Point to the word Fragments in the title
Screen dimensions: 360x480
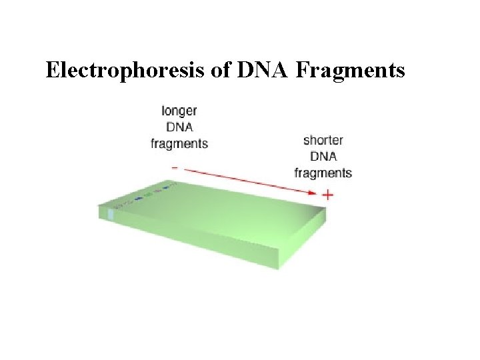pos(349,70)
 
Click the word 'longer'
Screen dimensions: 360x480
pos(179,111)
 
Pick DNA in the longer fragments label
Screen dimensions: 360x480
pos(179,127)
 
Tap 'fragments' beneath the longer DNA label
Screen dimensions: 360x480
pos(179,143)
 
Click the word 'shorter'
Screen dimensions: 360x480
pos(323,141)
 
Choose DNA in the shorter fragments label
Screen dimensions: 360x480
pos(323,157)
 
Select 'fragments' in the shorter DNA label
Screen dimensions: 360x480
pos(323,173)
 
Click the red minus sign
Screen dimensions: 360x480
pos(175,167)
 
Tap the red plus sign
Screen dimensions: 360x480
pos(327,195)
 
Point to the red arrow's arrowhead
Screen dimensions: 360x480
pos(313,193)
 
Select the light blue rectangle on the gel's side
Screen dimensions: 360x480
pos(111,215)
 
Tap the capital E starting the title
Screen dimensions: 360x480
pos(52,70)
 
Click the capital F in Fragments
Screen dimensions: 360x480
pos(301,70)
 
